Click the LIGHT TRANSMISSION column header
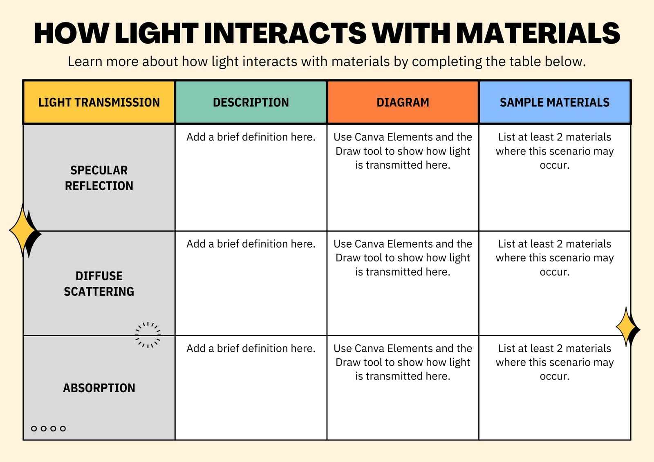(99, 102)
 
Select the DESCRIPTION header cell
(251, 102)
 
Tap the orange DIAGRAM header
(403, 102)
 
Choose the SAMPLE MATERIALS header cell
(554, 102)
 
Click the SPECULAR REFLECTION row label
(99, 178)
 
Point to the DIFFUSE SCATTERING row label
(99, 283)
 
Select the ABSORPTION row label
(99, 388)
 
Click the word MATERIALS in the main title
(538, 33)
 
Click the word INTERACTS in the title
(285, 33)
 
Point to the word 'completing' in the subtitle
(447, 62)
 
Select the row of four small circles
(49, 429)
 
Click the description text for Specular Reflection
(251, 137)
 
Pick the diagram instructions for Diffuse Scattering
(403, 258)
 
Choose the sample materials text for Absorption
(554, 362)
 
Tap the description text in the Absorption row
(251, 348)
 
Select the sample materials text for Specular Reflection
(554, 151)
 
